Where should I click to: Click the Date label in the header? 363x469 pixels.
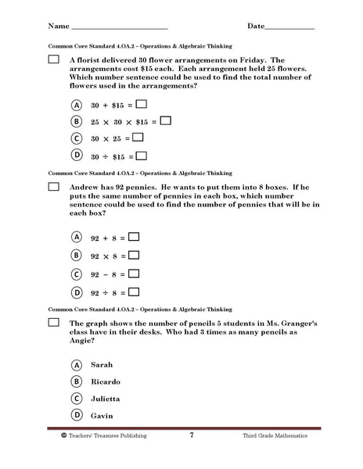tap(255, 26)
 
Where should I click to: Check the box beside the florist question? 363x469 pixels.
tap(53, 59)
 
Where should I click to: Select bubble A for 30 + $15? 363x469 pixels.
tap(77, 104)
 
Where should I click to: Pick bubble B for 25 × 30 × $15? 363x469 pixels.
tap(77, 121)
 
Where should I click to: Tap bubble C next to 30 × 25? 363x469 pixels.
tap(77, 138)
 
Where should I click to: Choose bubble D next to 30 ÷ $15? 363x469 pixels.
tap(77, 155)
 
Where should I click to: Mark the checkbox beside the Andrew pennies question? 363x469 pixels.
tap(53, 187)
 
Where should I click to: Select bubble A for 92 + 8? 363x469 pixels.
tap(77, 236)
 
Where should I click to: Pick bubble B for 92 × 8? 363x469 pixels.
tap(77, 255)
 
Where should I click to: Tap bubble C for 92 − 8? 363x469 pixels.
tap(77, 274)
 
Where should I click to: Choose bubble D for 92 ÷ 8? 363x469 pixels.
tap(77, 292)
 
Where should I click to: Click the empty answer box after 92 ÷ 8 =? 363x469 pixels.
tap(134, 292)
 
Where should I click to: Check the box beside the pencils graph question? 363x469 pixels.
tap(53, 322)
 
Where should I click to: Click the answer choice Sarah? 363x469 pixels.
tap(102, 364)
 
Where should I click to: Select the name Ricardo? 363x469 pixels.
tap(106, 381)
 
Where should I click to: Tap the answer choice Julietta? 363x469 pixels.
tap(106, 399)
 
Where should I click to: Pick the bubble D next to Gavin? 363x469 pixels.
tap(77, 415)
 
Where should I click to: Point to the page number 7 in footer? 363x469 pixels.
tap(191, 456)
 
